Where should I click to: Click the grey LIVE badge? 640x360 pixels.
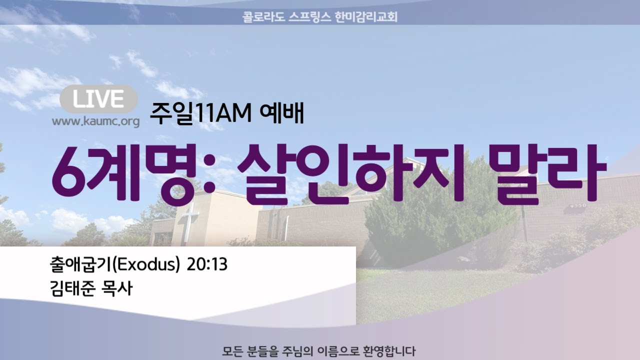pyautogui.click(x=98, y=99)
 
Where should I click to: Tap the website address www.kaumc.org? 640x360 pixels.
pyautogui.click(x=95, y=121)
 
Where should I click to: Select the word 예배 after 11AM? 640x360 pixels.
pyautogui.click(x=281, y=113)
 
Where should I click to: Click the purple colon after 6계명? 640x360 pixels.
pyautogui.click(x=209, y=175)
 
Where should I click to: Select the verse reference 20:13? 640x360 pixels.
pyautogui.click(x=207, y=264)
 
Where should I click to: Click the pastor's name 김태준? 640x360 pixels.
pyautogui.click(x=72, y=288)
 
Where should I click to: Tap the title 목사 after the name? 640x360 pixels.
pyautogui.click(x=117, y=288)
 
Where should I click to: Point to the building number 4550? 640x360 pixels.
pyautogui.click(x=578, y=205)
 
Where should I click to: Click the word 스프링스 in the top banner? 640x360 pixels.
pyautogui.click(x=309, y=17)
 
